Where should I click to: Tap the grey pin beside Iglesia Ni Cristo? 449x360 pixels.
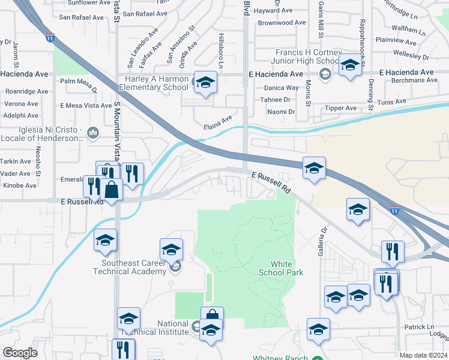92,132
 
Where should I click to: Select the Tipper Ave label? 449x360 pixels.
341,108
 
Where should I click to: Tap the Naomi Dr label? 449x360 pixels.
282,112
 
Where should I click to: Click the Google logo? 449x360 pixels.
20,353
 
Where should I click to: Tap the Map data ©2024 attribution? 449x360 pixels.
423,355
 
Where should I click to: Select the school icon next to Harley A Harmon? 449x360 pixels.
205,83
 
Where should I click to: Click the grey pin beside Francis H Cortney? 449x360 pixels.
325,74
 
